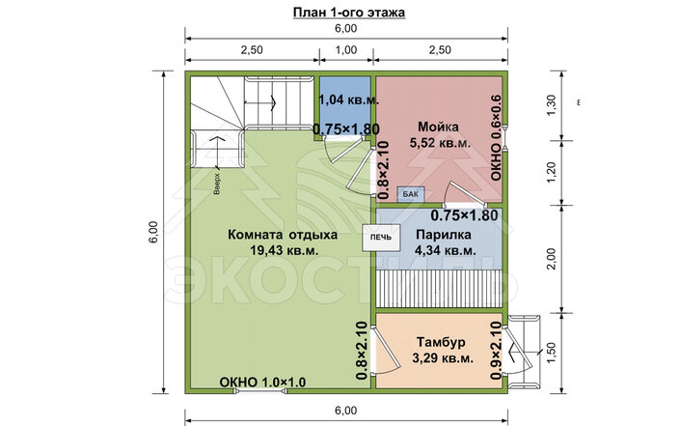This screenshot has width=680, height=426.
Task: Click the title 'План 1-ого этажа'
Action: tap(349, 13)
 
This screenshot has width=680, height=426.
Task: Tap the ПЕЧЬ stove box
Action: tap(381, 237)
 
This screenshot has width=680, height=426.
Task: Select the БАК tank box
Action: tap(411, 194)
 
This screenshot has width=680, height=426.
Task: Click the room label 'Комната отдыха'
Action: tap(283, 235)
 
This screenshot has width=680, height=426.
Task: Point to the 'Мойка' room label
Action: tap(439, 127)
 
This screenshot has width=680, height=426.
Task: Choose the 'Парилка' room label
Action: tap(444, 235)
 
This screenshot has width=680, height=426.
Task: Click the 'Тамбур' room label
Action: tap(441, 342)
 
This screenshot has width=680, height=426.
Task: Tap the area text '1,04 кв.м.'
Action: tap(349, 99)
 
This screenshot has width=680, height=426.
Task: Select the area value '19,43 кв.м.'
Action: tap(285, 250)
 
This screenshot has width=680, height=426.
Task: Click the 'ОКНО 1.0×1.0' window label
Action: tap(262, 383)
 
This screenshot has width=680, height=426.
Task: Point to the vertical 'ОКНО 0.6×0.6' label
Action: tap(496, 138)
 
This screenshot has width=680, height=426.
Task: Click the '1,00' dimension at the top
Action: tap(346, 50)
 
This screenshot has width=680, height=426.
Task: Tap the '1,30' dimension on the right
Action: tap(551, 105)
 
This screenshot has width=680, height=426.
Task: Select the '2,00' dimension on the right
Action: tap(551, 259)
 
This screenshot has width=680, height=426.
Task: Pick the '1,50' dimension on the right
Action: tap(551, 353)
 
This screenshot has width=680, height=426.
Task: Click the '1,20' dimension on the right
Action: tap(551, 172)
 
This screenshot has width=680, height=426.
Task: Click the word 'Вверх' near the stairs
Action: tap(217, 185)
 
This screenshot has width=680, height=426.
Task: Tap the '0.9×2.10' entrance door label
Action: tap(496, 351)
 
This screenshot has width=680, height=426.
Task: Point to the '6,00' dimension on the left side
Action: tap(154, 233)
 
